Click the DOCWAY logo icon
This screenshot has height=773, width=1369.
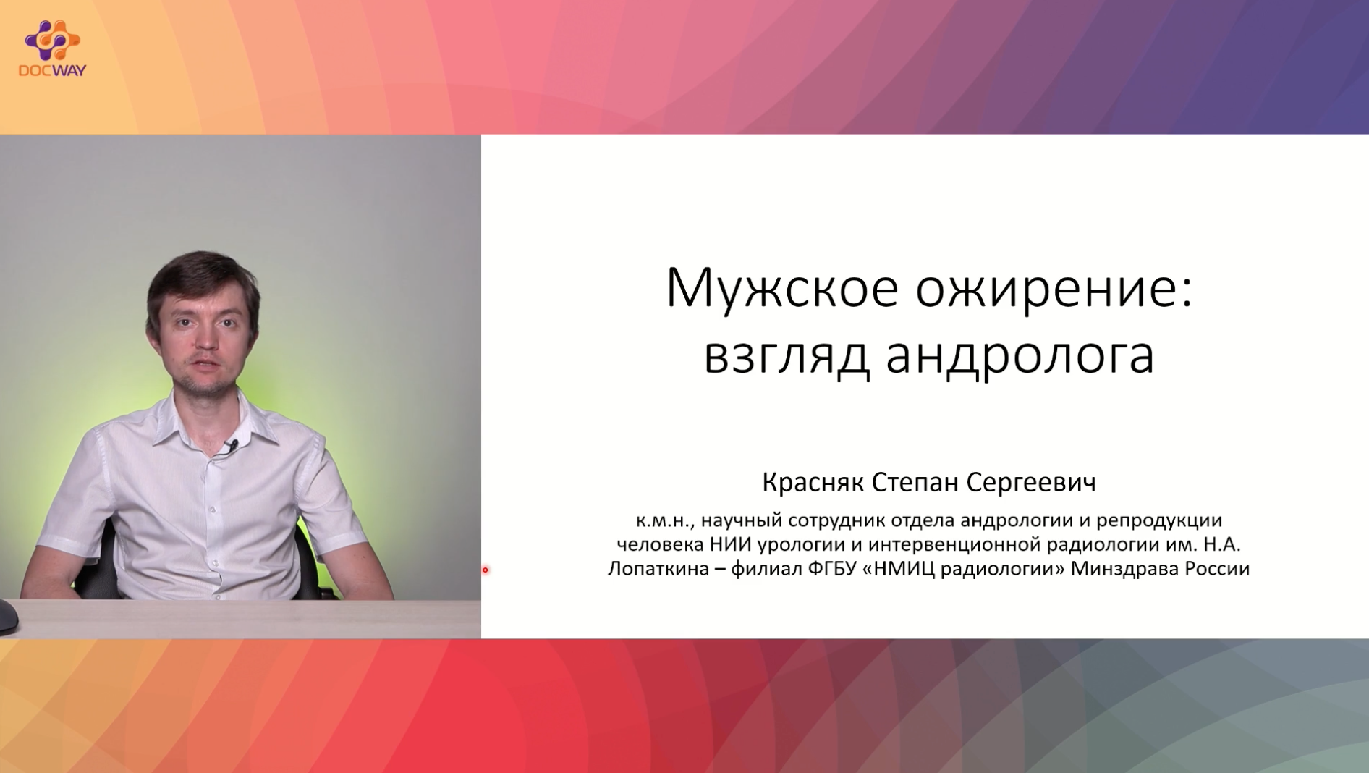(x=52, y=41)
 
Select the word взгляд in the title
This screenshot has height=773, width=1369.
(x=787, y=356)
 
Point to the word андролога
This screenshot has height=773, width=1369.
(x=1020, y=356)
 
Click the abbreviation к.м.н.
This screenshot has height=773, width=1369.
(x=665, y=520)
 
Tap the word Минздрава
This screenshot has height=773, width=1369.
(x=1124, y=569)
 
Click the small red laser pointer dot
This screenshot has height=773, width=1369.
(x=486, y=570)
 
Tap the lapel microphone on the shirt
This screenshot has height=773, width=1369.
(x=231, y=446)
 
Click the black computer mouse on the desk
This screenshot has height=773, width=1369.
(x=8, y=617)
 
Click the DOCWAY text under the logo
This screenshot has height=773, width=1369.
(x=52, y=70)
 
